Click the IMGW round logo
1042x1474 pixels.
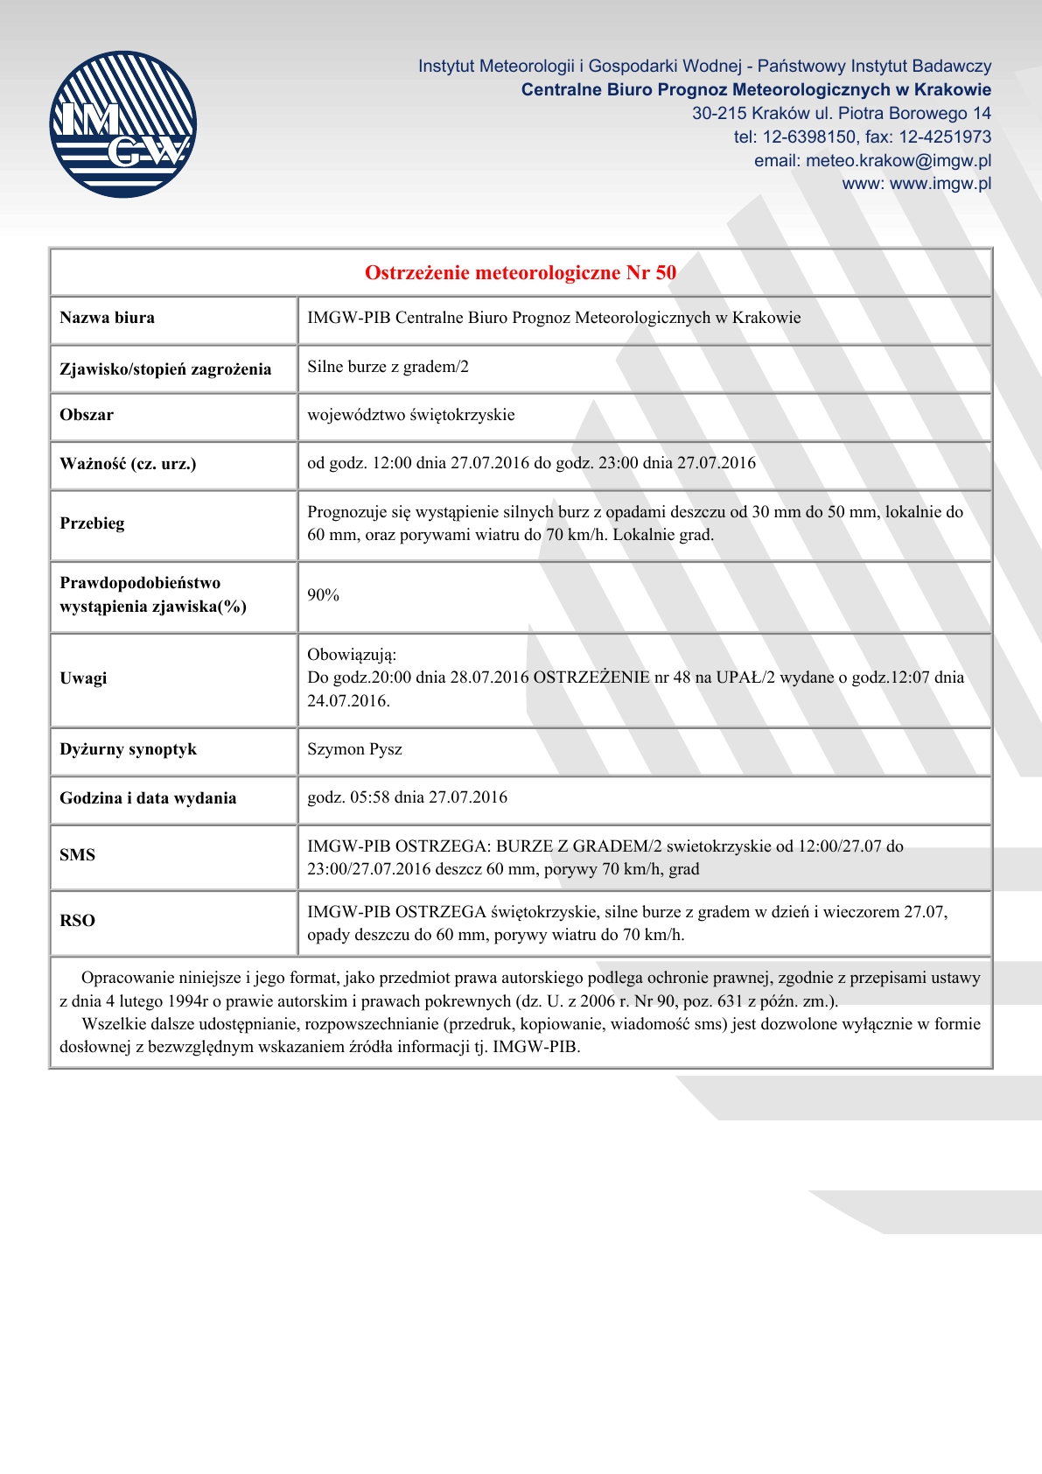[122, 124]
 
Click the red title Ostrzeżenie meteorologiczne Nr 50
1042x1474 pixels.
[521, 273]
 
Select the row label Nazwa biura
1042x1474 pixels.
[107, 318]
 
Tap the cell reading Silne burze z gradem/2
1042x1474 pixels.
[388, 367]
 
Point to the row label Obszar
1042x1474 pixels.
[87, 415]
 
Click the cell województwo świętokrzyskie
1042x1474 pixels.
[410, 415]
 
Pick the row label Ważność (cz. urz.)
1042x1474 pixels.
[128, 464]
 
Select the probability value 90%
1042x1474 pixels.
[323, 595]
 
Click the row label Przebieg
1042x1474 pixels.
[92, 523]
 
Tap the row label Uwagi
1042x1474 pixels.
[83, 677]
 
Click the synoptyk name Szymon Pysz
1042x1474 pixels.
[354, 749]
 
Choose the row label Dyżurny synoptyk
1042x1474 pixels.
[128, 749]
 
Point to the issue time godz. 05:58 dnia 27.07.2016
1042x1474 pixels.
[407, 797]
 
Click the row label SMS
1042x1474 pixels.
[77, 855]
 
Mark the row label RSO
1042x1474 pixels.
[77, 921]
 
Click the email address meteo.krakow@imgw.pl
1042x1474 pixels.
[898, 161]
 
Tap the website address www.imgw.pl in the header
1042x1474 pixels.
[940, 184]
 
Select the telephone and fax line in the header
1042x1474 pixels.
[862, 137]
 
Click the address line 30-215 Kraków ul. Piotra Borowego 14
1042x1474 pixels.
[841, 114]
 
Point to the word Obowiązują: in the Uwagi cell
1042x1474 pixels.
[352, 655]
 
